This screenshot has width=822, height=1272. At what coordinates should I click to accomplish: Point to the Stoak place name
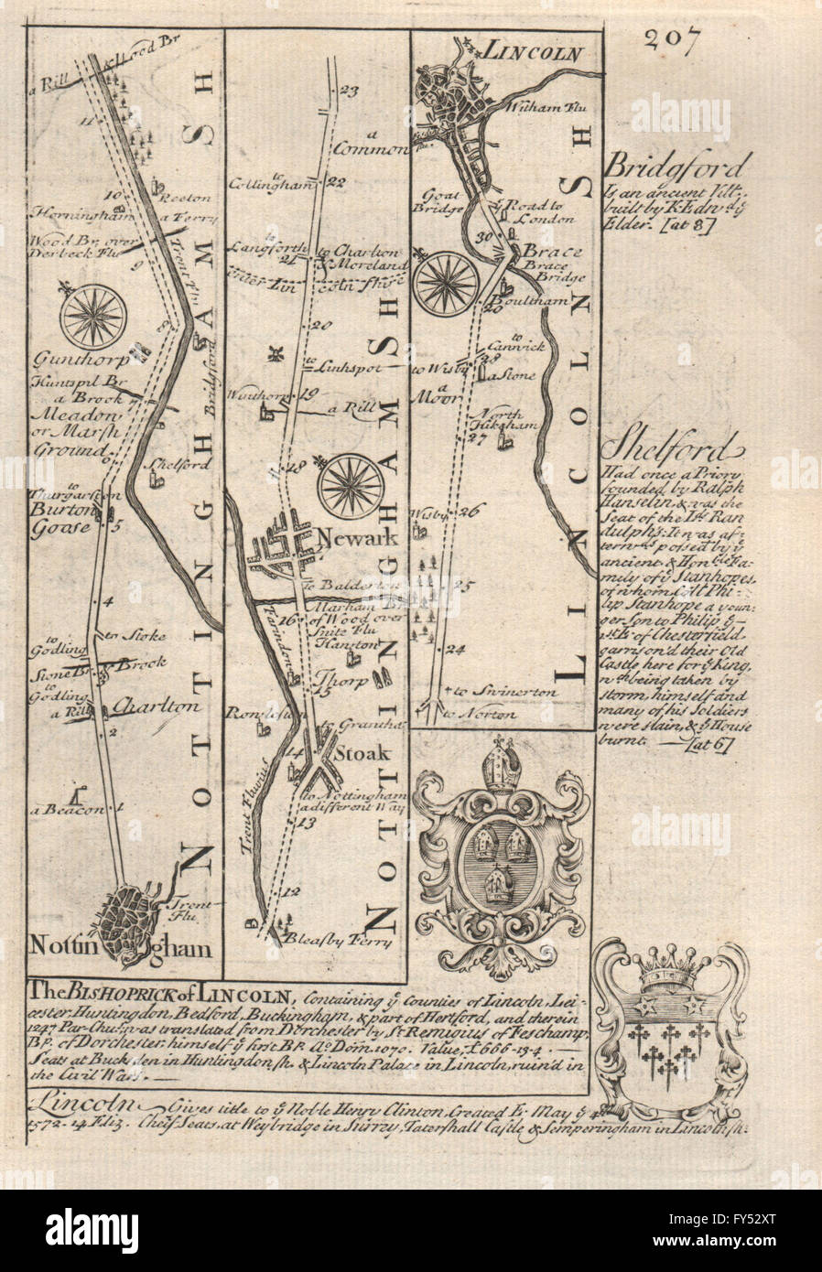coord(367,755)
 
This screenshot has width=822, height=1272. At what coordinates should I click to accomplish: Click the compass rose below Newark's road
coord(352,486)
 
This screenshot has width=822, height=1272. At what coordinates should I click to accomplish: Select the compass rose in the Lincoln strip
coord(446,283)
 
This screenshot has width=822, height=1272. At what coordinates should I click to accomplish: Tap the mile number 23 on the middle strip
coord(347,91)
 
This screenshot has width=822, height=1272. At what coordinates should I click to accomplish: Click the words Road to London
coord(540,212)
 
